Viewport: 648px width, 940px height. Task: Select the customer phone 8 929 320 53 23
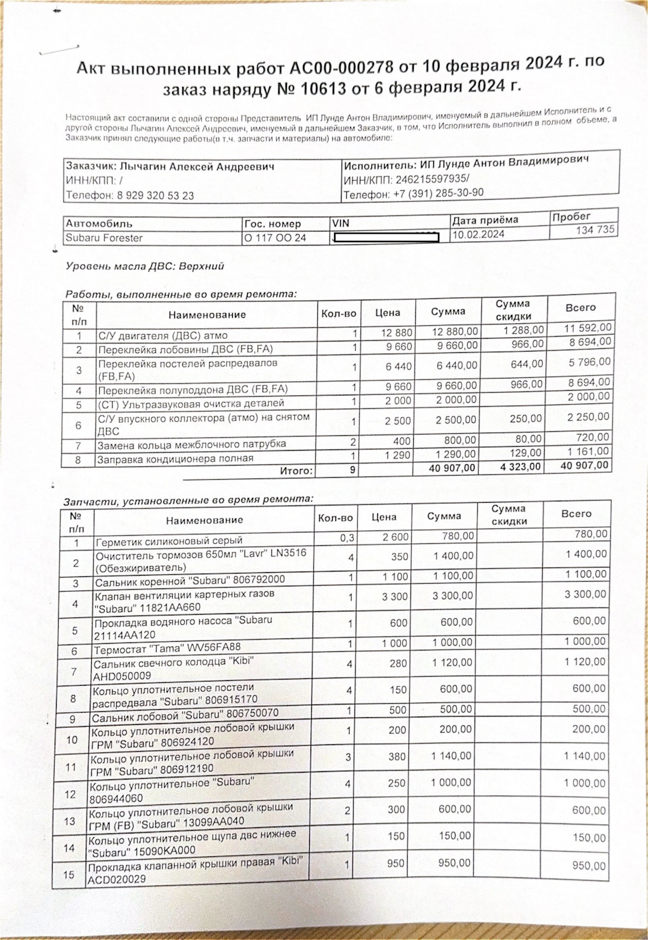(x=155, y=196)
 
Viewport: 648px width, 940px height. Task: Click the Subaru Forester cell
(x=104, y=238)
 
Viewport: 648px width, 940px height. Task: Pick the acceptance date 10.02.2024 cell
(x=479, y=234)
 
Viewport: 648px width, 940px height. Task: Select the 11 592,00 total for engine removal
(x=588, y=327)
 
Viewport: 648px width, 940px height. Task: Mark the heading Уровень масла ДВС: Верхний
(x=144, y=267)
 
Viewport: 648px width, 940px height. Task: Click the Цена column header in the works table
(x=388, y=312)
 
